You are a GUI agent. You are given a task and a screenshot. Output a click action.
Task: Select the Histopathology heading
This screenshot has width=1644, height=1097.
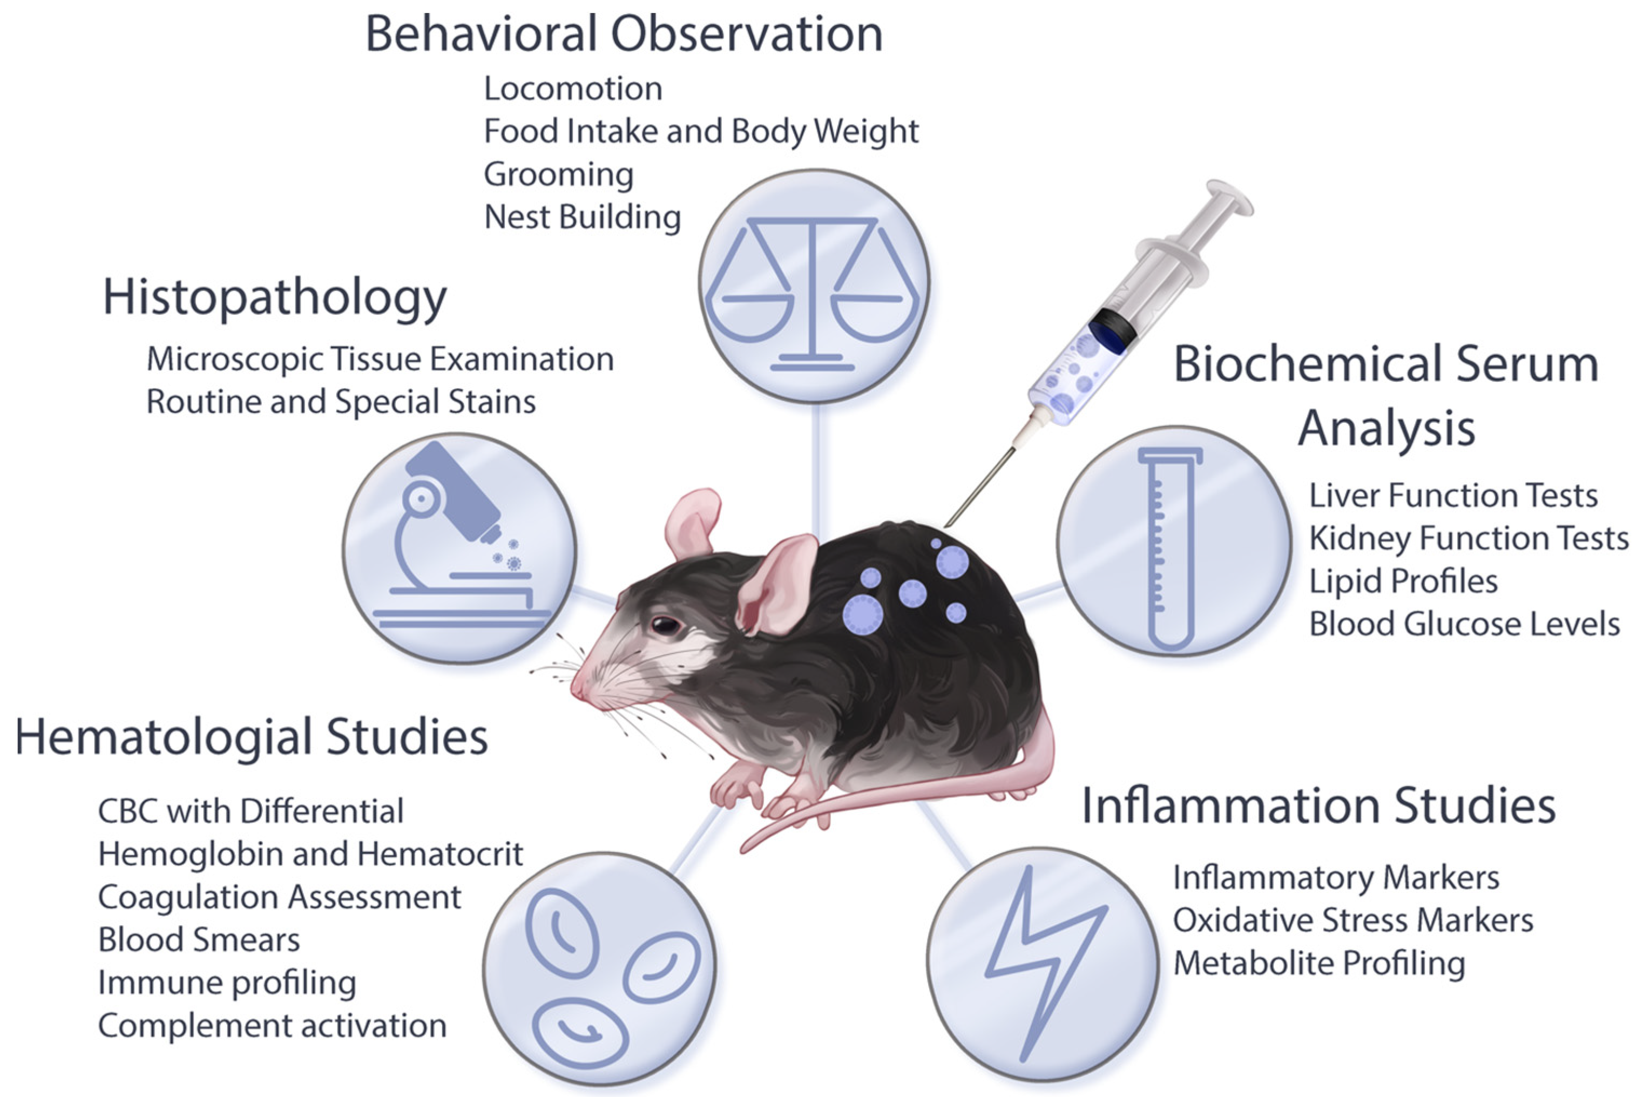[x=274, y=297]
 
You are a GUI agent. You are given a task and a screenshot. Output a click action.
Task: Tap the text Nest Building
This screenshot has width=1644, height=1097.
[x=582, y=217]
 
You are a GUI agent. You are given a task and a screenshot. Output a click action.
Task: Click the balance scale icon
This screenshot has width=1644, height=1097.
[x=813, y=287]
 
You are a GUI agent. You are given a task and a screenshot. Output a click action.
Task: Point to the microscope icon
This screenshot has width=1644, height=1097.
[x=459, y=547]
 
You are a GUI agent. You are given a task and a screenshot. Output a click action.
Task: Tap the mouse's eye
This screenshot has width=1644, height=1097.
[x=665, y=624]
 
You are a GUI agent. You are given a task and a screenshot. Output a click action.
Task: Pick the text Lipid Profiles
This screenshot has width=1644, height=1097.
[x=1403, y=581]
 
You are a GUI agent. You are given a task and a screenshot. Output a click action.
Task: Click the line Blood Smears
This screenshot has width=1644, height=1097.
[x=199, y=939]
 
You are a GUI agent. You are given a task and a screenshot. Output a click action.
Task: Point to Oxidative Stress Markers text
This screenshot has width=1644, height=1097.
[x=1352, y=920]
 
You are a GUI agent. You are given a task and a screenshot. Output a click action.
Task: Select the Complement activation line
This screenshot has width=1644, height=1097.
[x=272, y=1026]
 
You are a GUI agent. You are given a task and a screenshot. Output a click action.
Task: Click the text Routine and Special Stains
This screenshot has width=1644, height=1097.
[x=341, y=402]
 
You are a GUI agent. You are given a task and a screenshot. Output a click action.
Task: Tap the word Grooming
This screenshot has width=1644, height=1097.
[x=558, y=174]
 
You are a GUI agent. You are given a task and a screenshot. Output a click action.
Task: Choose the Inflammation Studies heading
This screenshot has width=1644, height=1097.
[x=1318, y=805]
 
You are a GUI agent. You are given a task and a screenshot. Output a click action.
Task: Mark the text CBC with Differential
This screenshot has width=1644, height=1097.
[x=251, y=811]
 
